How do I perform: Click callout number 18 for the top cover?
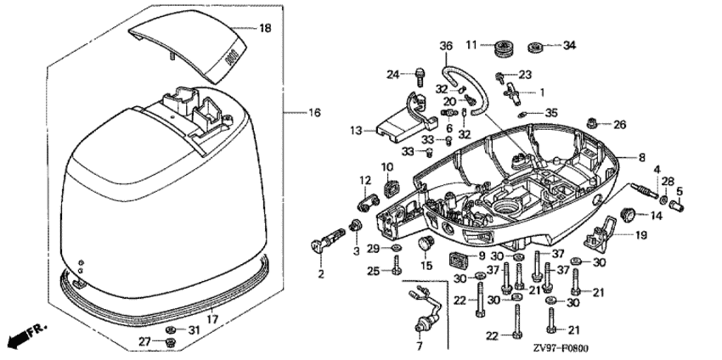[x=264, y=29]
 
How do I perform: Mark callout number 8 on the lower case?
[x=641, y=157]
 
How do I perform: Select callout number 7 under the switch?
[x=417, y=346]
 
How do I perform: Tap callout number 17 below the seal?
[x=212, y=318]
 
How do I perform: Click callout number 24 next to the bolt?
[x=392, y=75]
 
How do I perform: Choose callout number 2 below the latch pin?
[x=321, y=273]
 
